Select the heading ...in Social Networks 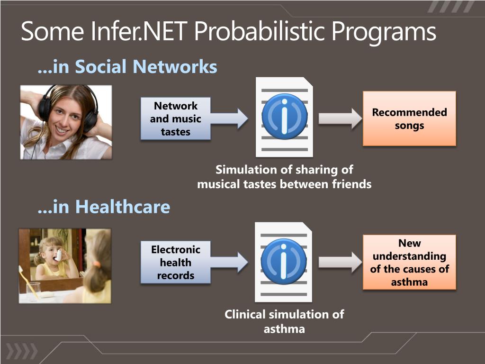pyautogui.click(x=127, y=67)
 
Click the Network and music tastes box pyautogui.click(x=175, y=119)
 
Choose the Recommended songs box pyautogui.click(x=409, y=118)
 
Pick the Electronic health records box pyautogui.click(x=175, y=263)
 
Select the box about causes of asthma pyautogui.click(x=409, y=263)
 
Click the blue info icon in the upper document pyautogui.click(x=284, y=117)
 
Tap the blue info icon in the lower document pyautogui.click(x=284, y=262)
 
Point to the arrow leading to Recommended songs pyautogui.click(x=340, y=118)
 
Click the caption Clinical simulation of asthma pyautogui.click(x=284, y=321)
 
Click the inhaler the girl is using pyautogui.click(x=59, y=255)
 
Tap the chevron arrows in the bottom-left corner pyautogui.click(x=21, y=351)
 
